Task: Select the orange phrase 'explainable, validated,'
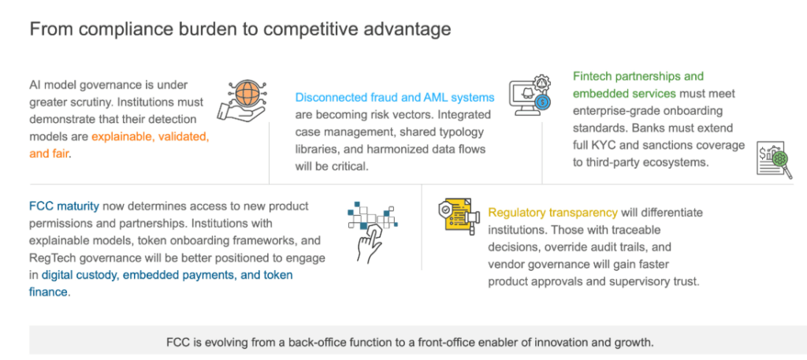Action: point(151,137)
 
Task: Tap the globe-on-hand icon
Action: point(241,99)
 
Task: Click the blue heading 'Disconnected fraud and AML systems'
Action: point(395,97)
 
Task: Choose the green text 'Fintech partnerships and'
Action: point(638,76)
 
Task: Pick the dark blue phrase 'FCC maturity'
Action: point(65,206)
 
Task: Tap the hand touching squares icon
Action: point(373,230)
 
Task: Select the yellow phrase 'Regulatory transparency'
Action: point(552,213)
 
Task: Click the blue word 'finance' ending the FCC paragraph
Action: point(48,292)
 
